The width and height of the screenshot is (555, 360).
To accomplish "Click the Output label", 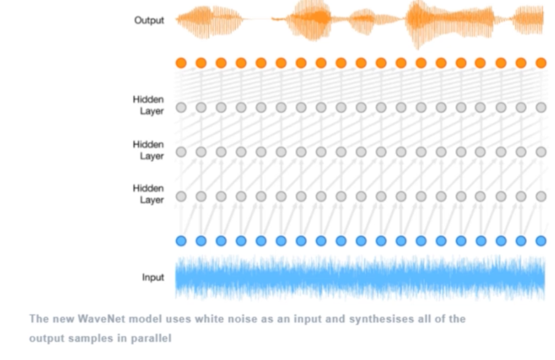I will tap(149, 20).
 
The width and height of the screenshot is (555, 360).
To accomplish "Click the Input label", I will tap(153, 277).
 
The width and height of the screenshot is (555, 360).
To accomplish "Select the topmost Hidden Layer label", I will tap(148, 105).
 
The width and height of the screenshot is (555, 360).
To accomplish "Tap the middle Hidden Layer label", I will tap(148, 150).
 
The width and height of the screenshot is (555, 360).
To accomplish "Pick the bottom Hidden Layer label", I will tap(148, 194).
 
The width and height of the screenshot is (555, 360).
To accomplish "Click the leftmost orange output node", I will tap(181, 63).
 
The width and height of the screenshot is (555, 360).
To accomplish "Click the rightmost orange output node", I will tap(540, 63).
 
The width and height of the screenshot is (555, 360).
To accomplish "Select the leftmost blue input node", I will tap(181, 240).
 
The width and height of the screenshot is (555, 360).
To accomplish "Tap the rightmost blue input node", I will tap(540, 240).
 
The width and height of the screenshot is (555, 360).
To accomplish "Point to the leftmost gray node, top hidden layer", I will tap(181, 107).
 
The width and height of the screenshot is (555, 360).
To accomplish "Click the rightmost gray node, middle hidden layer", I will tap(540, 151).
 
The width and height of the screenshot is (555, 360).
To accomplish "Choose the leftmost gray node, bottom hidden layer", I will tap(181, 196).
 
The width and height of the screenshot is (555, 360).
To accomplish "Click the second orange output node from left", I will tap(201, 63).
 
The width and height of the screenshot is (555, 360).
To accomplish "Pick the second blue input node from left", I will tap(201, 240).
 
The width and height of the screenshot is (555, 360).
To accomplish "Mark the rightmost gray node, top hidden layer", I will tap(540, 107).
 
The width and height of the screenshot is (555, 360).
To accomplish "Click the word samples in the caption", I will tap(90, 338).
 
